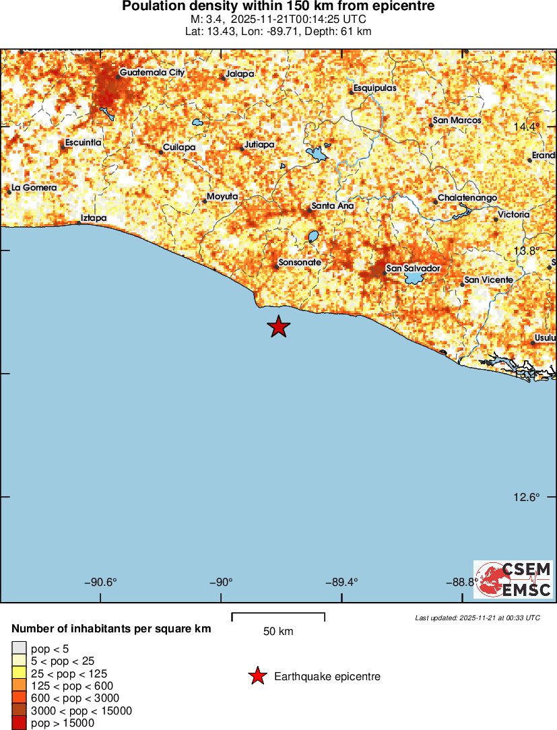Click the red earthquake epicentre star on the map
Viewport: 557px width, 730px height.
click(x=278, y=327)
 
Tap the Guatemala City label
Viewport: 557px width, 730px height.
click(x=152, y=72)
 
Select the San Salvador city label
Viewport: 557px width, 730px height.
click(x=413, y=269)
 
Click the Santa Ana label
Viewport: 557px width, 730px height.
click(x=333, y=205)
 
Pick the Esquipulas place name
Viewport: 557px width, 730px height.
click(x=376, y=88)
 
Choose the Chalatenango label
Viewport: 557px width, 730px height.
click(x=467, y=198)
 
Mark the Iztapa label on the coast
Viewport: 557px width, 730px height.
click(x=94, y=218)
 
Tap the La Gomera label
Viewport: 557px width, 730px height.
click(x=34, y=187)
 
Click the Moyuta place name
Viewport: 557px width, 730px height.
click(x=222, y=196)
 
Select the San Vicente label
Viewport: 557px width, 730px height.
click(x=489, y=279)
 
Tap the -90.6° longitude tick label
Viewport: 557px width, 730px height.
click(x=100, y=583)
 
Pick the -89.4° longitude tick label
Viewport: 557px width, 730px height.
click(x=342, y=583)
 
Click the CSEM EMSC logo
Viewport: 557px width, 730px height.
click(x=513, y=579)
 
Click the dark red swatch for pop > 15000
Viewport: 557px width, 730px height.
click(x=19, y=723)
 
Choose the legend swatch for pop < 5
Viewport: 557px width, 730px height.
click(x=19, y=649)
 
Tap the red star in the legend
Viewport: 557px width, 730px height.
click(x=257, y=676)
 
